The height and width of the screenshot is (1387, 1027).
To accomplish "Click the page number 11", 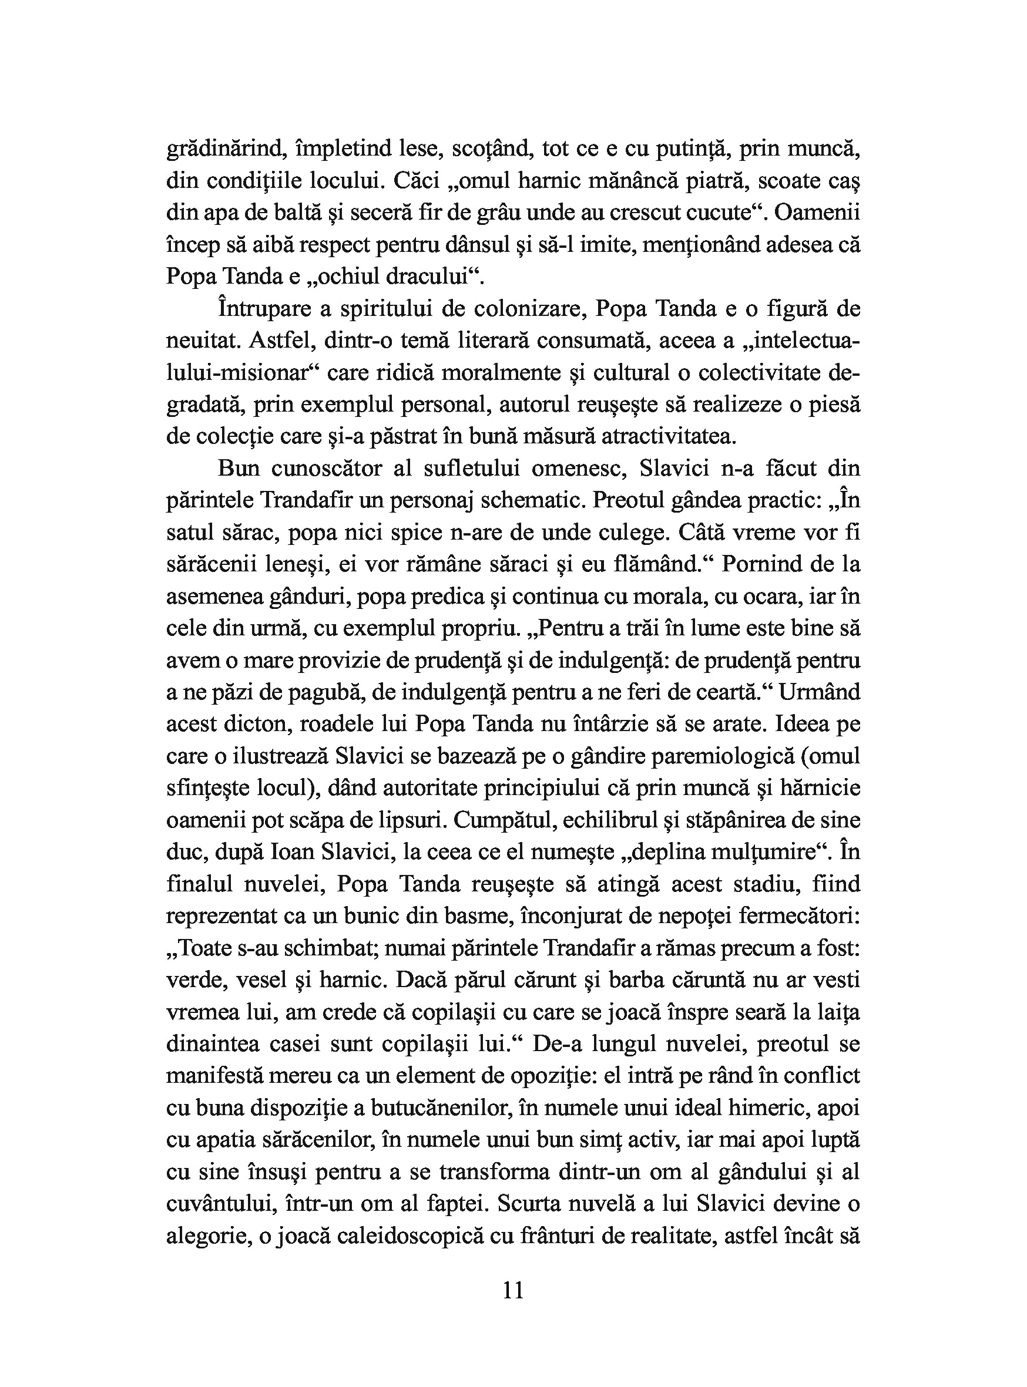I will click(x=513, y=1291).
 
